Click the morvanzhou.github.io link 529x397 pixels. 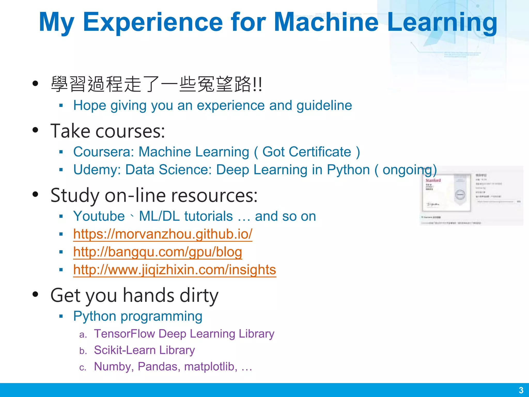(x=162, y=234)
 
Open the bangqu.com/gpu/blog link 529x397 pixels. (x=157, y=252)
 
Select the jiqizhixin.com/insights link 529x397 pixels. (x=174, y=270)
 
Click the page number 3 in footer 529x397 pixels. (x=521, y=390)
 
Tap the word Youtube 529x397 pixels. (x=99, y=216)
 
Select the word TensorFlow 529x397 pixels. (x=124, y=334)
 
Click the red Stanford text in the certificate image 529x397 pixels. (x=433, y=180)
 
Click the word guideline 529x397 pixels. (x=324, y=105)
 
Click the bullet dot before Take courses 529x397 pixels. (x=35, y=130)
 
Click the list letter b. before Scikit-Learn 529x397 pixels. (x=83, y=351)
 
